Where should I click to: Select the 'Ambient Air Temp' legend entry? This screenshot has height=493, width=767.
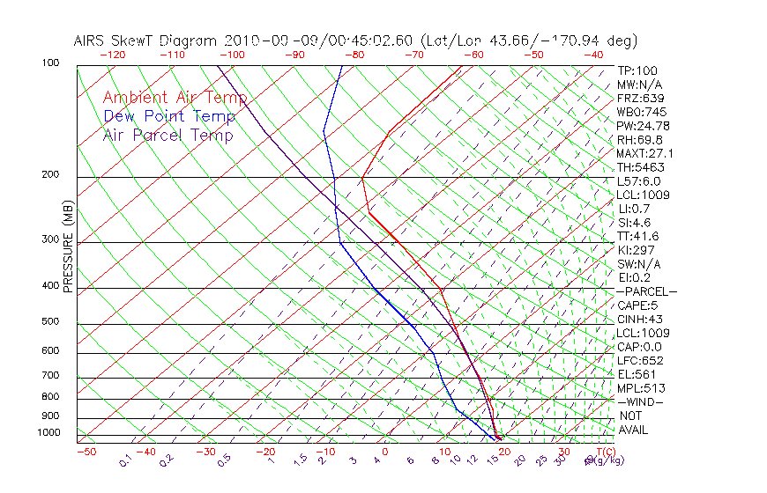point(175,98)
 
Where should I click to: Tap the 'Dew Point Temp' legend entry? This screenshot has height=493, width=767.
point(168,116)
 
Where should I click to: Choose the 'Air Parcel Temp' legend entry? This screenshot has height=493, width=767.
point(168,135)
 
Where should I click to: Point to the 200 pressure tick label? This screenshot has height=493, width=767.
point(49,175)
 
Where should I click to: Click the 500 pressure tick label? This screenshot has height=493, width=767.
point(49,322)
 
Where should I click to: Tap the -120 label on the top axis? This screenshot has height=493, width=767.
point(113,55)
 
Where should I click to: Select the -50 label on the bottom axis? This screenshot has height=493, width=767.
point(86,452)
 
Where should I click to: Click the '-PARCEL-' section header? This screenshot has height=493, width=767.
point(646,291)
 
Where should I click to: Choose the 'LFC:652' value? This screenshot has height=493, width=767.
point(640,360)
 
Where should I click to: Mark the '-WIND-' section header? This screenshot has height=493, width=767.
point(640,401)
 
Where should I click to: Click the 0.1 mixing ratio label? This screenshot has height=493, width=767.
point(124,461)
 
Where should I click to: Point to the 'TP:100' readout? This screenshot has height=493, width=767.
point(637,70)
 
